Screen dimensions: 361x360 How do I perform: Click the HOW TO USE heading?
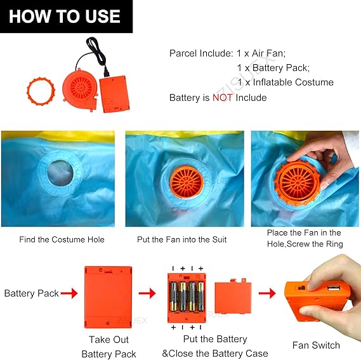[65, 17]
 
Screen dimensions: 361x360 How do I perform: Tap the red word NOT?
[223, 98]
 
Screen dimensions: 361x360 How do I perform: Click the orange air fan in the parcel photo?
[81, 90]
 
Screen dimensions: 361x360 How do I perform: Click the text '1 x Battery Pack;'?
[273, 68]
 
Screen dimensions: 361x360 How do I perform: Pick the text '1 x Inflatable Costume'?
[286, 83]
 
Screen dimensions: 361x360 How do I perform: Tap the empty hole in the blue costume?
[60, 173]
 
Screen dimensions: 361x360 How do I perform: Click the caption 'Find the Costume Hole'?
[62, 239]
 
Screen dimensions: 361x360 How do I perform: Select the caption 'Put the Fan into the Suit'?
[182, 239]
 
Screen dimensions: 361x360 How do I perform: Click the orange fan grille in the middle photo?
[187, 182]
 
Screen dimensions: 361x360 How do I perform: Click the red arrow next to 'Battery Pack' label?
[69, 293]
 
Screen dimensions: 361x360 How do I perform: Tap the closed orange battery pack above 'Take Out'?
[108, 297]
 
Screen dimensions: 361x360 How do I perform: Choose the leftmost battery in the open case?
[173, 297]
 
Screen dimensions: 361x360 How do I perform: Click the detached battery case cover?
[233, 297]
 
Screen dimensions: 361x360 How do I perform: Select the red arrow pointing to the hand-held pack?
[267, 293]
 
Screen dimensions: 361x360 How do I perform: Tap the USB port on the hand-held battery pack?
[334, 288]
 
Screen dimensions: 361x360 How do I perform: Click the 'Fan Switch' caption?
[316, 345]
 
